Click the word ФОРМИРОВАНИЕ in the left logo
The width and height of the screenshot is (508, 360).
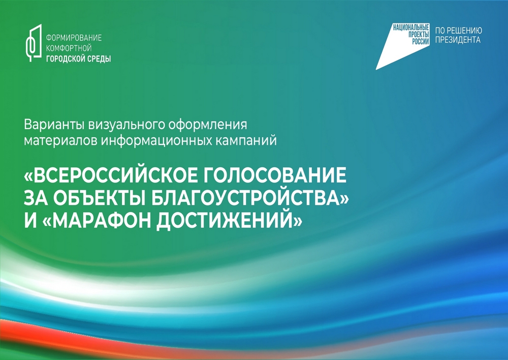point(74,38)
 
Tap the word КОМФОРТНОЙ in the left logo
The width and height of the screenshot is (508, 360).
point(69,48)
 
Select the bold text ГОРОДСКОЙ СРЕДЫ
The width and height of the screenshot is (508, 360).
point(78,58)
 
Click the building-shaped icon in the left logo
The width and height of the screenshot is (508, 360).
point(34,43)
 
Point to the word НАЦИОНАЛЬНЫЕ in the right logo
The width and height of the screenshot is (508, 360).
point(411,27)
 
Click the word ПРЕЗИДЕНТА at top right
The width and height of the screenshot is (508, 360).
point(458,40)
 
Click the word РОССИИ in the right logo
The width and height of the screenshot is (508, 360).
point(420,42)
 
